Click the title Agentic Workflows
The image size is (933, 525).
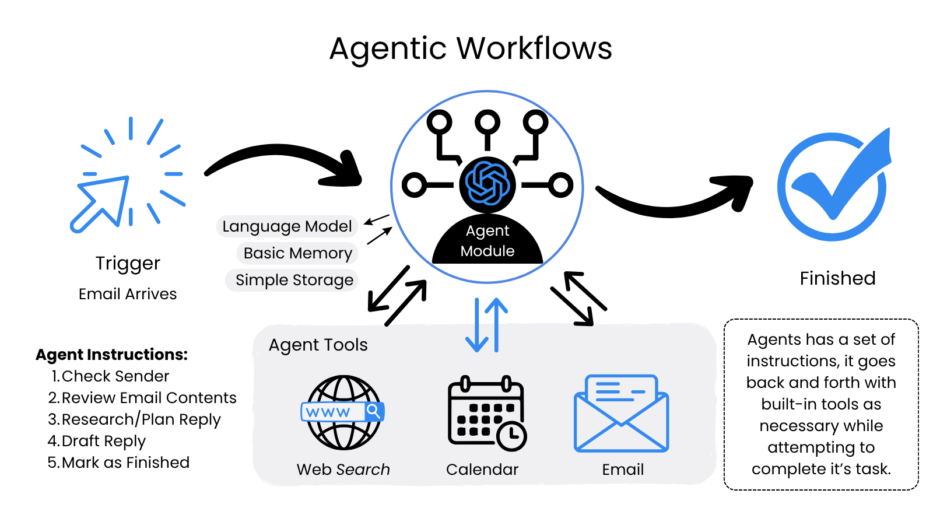tap(471, 48)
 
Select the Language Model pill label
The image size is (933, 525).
tap(287, 226)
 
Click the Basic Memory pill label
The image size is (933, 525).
tap(297, 253)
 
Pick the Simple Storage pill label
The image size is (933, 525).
tap(294, 280)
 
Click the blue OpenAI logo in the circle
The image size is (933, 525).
tap(487, 184)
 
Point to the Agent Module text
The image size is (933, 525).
tap(487, 241)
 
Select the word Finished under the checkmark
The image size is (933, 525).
tap(837, 278)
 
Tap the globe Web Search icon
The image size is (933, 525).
tap(343, 412)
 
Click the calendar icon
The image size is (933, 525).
tap(486, 413)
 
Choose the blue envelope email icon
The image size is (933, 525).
tap(622, 414)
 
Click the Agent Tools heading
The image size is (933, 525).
tap(318, 345)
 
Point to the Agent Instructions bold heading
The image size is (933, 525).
tap(112, 355)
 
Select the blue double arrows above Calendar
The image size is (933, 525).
tap(487, 325)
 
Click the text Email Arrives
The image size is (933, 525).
tap(128, 294)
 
